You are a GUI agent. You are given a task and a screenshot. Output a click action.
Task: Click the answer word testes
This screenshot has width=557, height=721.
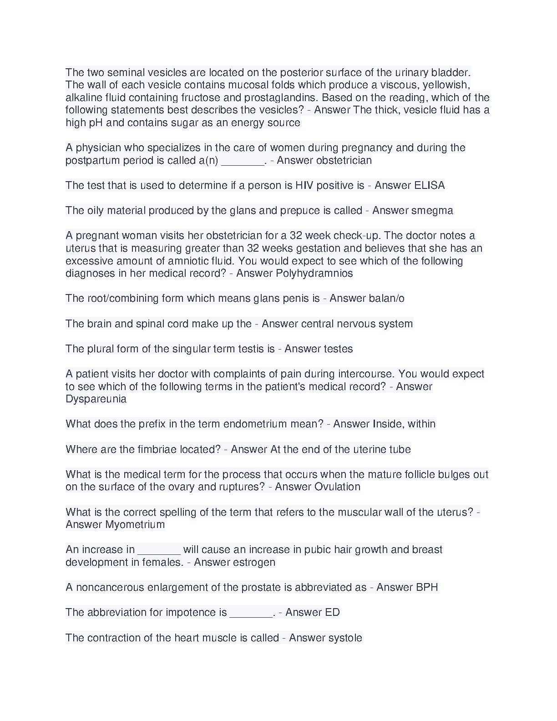pyautogui.click(x=335, y=349)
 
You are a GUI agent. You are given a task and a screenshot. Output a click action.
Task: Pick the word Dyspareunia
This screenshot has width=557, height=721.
pyautogui.click(x=96, y=399)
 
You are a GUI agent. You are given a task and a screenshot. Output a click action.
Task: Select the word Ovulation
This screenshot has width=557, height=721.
pyautogui.click(x=337, y=487)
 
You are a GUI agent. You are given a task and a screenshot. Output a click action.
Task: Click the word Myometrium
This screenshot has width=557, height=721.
pyautogui.click(x=135, y=525)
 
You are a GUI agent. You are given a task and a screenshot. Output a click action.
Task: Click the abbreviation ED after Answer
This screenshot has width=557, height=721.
pyautogui.click(x=332, y=613)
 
